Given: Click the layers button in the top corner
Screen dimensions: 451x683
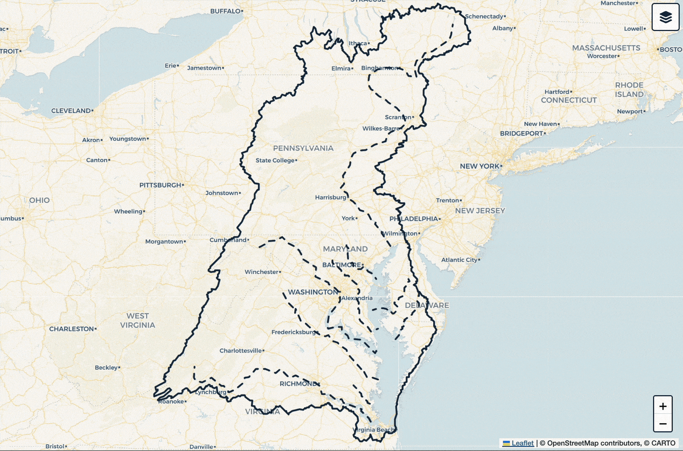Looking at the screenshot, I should coord(665,17).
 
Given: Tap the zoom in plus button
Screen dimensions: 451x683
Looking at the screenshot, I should coord(663,406).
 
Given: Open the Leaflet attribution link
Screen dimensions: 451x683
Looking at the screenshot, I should coord(522,443).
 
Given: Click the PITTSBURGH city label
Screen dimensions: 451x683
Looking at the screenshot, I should coord(160,185).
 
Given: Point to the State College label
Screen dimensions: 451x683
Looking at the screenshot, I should coord(275,160).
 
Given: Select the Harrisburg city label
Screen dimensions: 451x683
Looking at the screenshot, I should coord(331,197).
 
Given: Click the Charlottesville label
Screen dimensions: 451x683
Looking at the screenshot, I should coord(241,351).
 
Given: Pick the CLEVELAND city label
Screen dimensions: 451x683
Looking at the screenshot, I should coord(71,111).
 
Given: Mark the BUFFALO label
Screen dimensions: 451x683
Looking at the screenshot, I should coord(225,11).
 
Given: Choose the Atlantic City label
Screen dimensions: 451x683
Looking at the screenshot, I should coord(459,260).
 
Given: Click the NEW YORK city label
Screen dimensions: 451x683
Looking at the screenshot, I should coord(480,166).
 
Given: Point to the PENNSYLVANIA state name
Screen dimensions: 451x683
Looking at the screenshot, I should coord(303,148).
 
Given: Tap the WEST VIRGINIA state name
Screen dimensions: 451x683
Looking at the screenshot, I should coord(138,320).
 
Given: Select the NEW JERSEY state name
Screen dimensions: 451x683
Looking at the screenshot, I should coord(480,211).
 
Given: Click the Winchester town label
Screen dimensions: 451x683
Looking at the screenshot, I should coord(262,272).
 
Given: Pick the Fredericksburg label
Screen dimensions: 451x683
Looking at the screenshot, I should coord(294,332).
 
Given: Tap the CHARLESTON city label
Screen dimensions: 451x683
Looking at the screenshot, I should coord(72,329).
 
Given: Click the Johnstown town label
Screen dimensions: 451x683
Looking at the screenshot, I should coord(222,193).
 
